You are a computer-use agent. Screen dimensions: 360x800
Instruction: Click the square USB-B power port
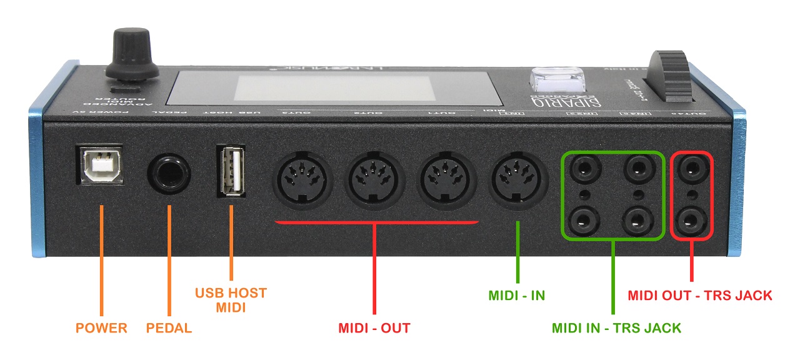coord(99,166)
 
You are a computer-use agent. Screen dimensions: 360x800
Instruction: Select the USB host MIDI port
coord(232,170)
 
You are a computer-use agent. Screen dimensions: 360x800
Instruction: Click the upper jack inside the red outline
coord(691,168)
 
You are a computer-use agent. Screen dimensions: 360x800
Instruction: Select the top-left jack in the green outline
coord(586,168)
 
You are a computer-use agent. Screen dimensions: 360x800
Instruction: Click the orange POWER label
coord(101,328)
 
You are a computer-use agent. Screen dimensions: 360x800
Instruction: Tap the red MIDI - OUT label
coord(374,328)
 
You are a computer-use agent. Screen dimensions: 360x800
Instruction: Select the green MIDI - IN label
coord(516,295)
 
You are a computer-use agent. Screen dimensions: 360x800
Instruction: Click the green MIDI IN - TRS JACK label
coord(616,327)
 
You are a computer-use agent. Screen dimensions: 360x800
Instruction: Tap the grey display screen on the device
coord(335,87)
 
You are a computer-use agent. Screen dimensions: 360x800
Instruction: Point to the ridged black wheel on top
coord(669,78)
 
